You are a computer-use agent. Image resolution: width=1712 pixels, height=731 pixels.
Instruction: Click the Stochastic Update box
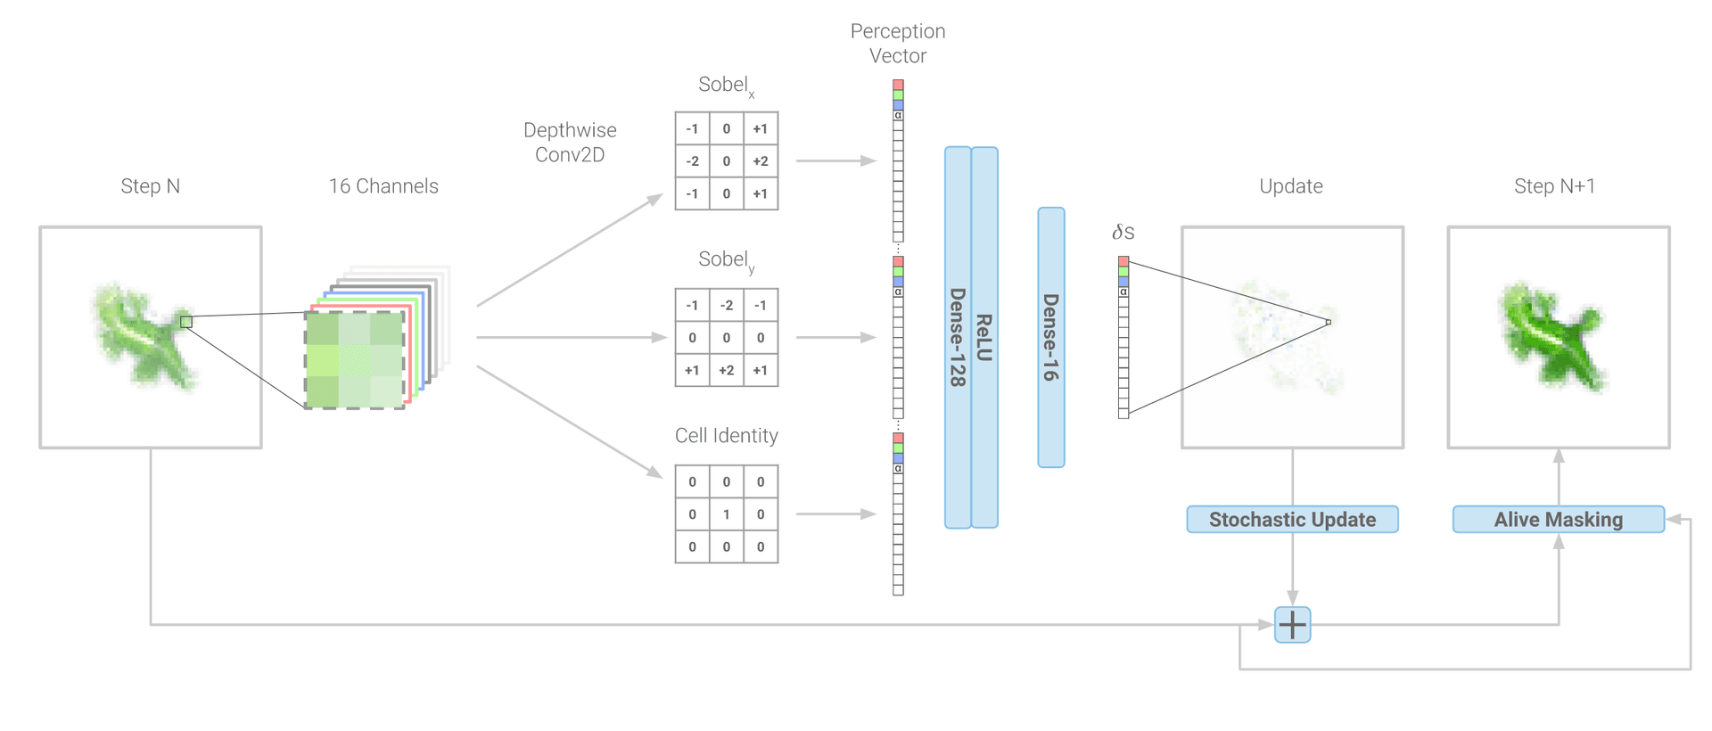(1292, 519)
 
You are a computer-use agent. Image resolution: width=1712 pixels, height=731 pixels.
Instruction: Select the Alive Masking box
(1558, 519)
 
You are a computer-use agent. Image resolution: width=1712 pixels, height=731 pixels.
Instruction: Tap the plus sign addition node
(1292, 624)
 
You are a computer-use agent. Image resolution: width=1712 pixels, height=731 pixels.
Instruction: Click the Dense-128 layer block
(958, 337)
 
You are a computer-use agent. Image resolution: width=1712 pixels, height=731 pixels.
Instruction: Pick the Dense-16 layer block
(1051, 337)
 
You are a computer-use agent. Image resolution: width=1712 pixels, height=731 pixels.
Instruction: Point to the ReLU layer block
(984, 337)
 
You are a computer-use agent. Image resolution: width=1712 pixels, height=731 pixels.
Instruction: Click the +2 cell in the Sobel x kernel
(761, 161)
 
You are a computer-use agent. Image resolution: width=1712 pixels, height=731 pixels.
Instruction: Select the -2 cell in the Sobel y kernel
(727, 305)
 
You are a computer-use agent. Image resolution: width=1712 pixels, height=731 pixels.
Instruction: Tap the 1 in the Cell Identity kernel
(727, 514)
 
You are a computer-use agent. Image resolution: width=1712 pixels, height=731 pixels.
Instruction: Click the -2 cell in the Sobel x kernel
(692, 161)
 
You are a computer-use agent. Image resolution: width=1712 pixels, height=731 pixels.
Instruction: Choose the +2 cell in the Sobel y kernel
(727, 370)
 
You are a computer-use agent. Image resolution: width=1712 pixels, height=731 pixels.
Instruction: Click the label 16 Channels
(383, 185)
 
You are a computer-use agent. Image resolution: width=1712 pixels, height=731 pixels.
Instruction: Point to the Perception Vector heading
(898, 43)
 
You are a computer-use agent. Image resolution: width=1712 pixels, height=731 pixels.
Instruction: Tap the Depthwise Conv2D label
(570, 142)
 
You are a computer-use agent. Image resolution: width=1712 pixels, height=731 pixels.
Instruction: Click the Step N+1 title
(1554, 185)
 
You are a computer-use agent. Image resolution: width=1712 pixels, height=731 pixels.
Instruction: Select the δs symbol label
(1123, 232)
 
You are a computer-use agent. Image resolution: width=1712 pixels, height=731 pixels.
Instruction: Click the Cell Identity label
(727, 435)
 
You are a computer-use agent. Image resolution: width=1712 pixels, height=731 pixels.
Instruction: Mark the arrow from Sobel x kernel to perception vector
(836, 161)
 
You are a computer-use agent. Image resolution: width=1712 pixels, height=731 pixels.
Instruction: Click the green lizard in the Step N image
(143, 336)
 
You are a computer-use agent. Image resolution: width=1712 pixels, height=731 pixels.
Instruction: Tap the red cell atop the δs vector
(1123, 261)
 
